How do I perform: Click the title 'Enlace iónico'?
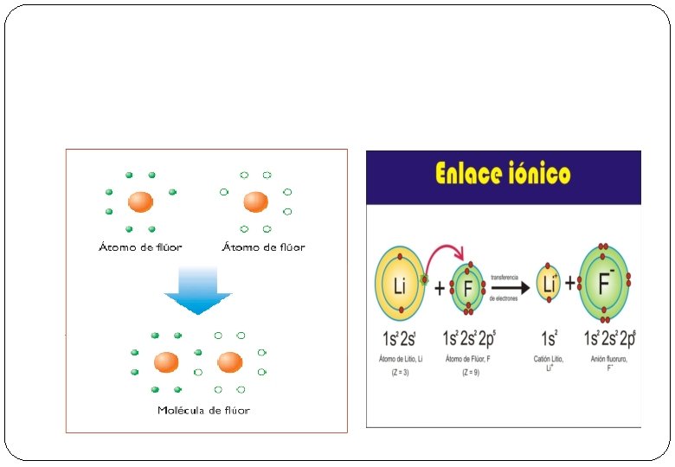[x=502, y=174]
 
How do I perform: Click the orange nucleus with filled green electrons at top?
[x=140, y=202]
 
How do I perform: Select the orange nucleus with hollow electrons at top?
[x=255, y=202]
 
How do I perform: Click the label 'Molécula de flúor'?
[x=203, y=410]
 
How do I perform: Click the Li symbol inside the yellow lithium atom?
[x=399, y=286]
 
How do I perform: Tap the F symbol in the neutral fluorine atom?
[x=468, y=286]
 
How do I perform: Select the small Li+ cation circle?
[x=548, y=285]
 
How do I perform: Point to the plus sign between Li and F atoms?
[x=439, y=287]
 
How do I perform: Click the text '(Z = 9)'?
[x=469, y=373]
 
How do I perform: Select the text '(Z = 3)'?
[x=399, y=373]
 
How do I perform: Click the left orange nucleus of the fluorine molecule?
[x=166, y=361]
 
